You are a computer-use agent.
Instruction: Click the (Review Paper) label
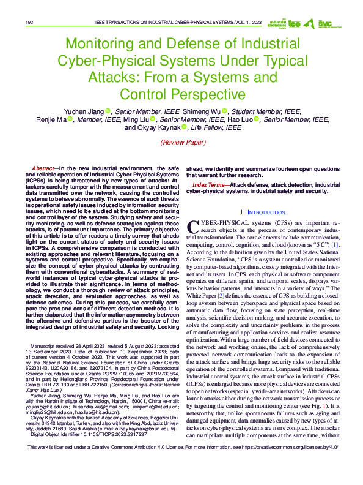pos(182,141)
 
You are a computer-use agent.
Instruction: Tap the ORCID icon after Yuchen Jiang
pos(108,111)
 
